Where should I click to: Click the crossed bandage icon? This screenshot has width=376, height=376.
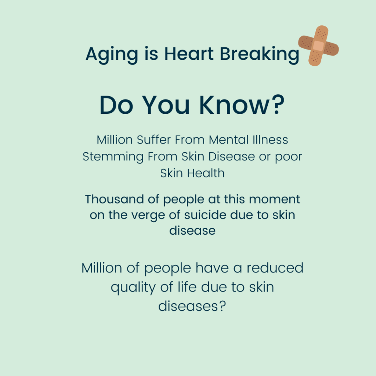(x=318, y=46)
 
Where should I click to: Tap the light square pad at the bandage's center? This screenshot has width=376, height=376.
(x=319, y=46)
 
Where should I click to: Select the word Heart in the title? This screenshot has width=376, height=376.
(x=189, y=54)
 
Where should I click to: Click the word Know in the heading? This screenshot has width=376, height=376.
(x=234, y=105)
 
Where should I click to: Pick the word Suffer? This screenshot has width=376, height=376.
(x=154, y=140)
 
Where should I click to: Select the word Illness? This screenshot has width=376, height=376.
(x=270, y=140)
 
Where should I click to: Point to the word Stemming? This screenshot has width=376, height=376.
(x=113, y=157)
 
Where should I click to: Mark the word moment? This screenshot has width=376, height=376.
(x=275, y=200)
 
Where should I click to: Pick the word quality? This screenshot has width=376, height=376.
(x=133, y=288)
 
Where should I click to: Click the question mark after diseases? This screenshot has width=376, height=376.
(x=222, y=306)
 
